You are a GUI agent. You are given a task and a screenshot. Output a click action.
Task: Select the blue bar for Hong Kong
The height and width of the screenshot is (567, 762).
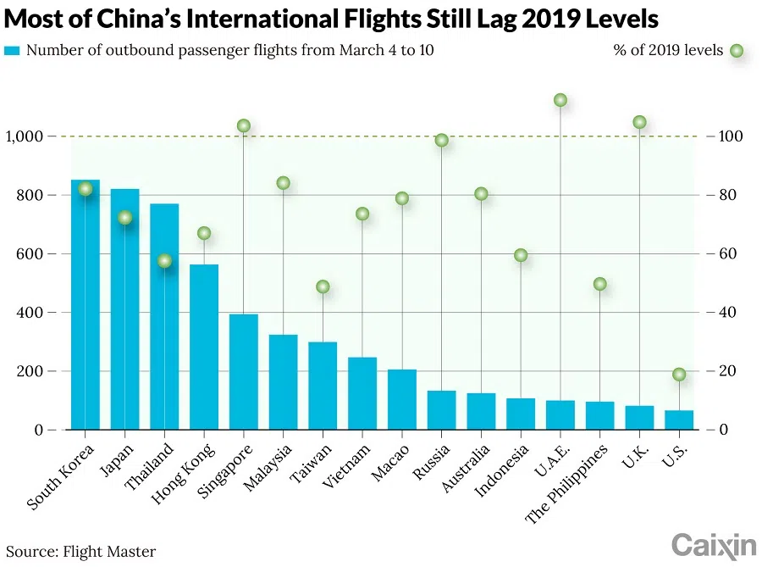point(204,347)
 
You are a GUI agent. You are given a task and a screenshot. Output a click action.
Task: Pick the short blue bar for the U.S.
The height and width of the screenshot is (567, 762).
point(679,420)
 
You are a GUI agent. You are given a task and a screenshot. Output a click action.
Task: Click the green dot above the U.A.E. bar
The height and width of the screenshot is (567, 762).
point(560,100)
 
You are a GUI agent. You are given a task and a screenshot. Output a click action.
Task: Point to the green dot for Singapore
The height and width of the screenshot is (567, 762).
point(244,126)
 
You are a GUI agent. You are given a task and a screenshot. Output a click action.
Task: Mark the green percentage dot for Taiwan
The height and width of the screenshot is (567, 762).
point(323,286)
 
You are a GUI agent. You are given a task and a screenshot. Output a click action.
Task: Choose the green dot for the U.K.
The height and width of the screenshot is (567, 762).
point(639,122)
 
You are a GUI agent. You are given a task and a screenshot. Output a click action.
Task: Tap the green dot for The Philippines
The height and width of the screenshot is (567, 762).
point(600,284)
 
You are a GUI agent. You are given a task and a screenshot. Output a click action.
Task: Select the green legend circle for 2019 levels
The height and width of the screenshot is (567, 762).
point(737,51)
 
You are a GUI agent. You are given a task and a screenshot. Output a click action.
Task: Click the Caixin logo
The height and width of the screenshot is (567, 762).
point(714,546)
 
